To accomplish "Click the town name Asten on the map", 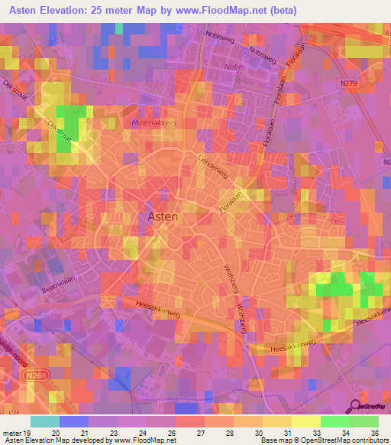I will pyautogui.click(x=162, y=216).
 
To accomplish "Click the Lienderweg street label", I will pyautogui.click(x=214, y=148).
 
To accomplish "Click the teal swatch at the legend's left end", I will pyautogui.click(x=44, y=421).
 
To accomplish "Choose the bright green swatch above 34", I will pyautogui.click(x=334, y=421).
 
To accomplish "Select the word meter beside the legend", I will pyautogui.click(x=11, y=432).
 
